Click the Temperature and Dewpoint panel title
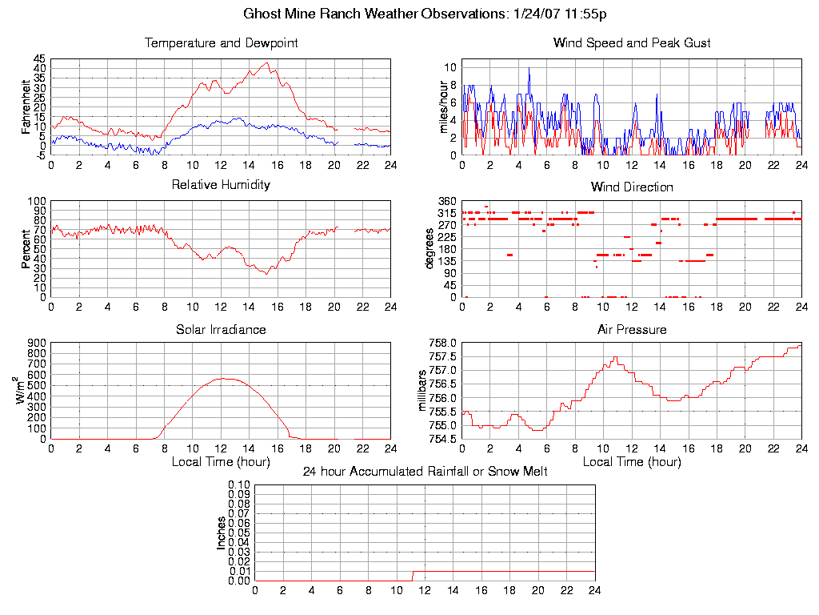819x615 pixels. pos(221,43)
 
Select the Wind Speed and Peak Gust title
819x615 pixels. pos(632,43)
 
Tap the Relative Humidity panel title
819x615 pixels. pos(221,185)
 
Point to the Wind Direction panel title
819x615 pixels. pos(632,187)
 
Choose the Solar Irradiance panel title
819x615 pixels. pos(221,330)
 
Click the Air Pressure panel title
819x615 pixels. pos(632,330)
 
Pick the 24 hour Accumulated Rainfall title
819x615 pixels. pos(425,472)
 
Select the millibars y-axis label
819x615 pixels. pos(424,391)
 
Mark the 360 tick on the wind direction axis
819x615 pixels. pos(446,201)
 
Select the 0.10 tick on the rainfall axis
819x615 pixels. pos(239,485)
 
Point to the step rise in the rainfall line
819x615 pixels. pos(412,575)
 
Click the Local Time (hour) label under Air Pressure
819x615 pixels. pos(632,462)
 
